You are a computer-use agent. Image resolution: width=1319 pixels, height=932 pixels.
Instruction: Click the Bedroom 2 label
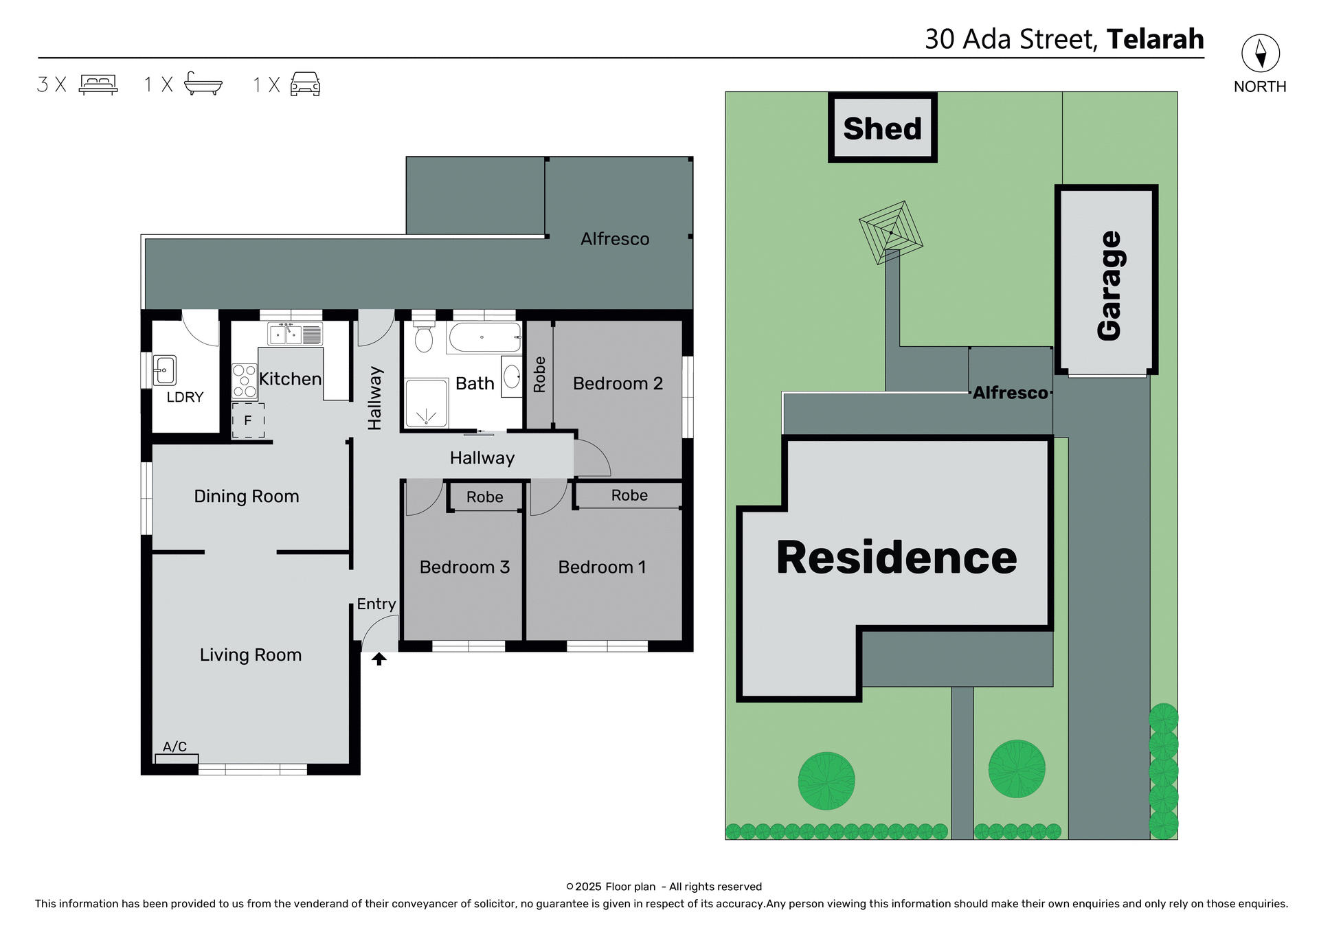pos(617,383)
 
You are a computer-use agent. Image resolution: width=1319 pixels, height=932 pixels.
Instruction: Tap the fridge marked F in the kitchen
pos(248,420)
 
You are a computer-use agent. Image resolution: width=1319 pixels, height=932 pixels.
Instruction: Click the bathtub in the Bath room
pos(484,337)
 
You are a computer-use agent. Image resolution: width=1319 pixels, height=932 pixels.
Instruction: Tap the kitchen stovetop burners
pos(244,381)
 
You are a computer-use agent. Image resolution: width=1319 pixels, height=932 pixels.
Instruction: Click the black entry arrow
pos(379,659)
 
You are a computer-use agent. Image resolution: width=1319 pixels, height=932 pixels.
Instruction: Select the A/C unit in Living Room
pos(177,759)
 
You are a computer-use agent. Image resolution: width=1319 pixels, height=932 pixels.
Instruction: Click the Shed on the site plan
pos(882,128)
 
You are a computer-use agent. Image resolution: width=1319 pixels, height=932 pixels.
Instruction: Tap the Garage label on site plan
pos(1108,285)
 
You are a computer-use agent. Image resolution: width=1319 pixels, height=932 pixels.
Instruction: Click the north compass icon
pos(1260,54)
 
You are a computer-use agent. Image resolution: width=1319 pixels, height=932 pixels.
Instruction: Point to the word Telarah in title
pos(1155,39)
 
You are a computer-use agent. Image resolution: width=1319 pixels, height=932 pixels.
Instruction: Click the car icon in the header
pos(305,84)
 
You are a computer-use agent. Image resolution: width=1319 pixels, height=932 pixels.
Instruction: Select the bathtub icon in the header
pos(203,84)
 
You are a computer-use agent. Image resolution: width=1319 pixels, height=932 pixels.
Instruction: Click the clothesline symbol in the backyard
pos(890,233)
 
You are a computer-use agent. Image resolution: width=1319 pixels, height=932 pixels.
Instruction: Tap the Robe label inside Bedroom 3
pos(484,497)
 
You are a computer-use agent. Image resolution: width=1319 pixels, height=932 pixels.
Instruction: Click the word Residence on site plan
pos(896,558)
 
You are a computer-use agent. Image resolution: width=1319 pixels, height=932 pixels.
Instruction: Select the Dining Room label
pos(246,496)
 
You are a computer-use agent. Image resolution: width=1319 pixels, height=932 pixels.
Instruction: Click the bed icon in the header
pos(98,84)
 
